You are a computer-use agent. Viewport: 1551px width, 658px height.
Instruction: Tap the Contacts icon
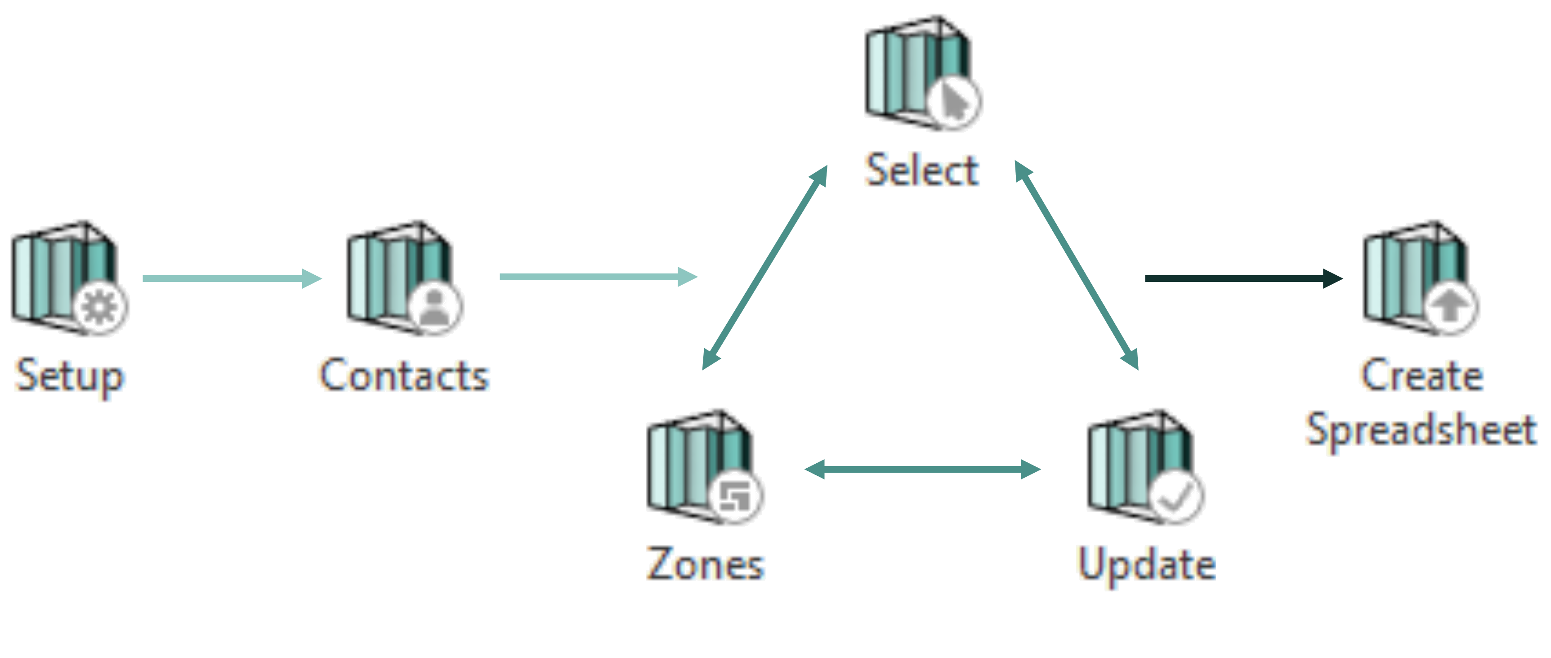pyautogui.click(x=402, y=278)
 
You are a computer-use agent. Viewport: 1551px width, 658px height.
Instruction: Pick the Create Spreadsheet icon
pyautogui.click(x=1418, y=278)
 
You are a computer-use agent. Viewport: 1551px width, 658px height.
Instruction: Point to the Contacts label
pyautogui.click(x=403, y=375)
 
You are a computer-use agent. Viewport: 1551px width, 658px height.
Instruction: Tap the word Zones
pyautogui.click(x=706, y=564)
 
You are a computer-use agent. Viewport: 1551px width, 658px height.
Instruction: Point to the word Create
pyautogui.click(x=1421, y=375)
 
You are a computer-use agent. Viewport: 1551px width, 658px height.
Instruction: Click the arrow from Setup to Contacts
pyautogui.click(x=232, y=278)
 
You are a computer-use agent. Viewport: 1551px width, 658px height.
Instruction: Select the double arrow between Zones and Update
pyautogui.click(x=922, y=469)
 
